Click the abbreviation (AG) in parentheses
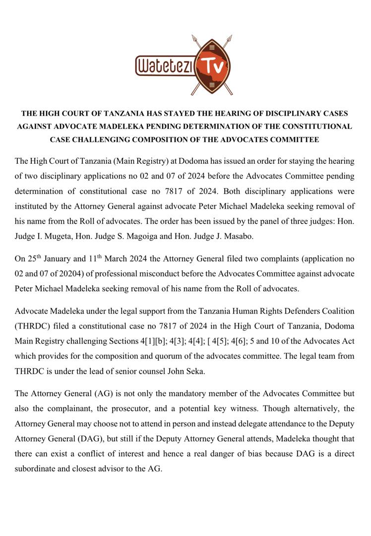point(99,394)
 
